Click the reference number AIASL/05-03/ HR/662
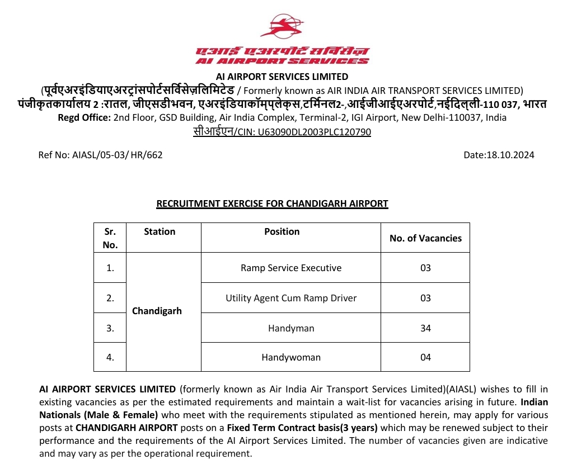point(100,155)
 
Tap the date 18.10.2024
point(499,155)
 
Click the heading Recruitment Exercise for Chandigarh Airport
point(272,203)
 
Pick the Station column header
point(160,231)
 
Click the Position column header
point(282,231)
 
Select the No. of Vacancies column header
point(425,238)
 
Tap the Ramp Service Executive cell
point(291,268)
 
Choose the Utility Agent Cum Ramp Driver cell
point(291,298)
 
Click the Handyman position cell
point(291,328)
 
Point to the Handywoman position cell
point(291,357)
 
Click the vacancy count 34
point(425,328)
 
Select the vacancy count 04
point(425,357)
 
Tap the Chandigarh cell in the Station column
point(157,311)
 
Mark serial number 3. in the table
point(110,328)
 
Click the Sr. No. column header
point(110,238)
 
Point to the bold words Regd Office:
point(84,117)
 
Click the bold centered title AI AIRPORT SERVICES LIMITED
point(282,77)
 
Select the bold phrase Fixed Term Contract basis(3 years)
point(302,428)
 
